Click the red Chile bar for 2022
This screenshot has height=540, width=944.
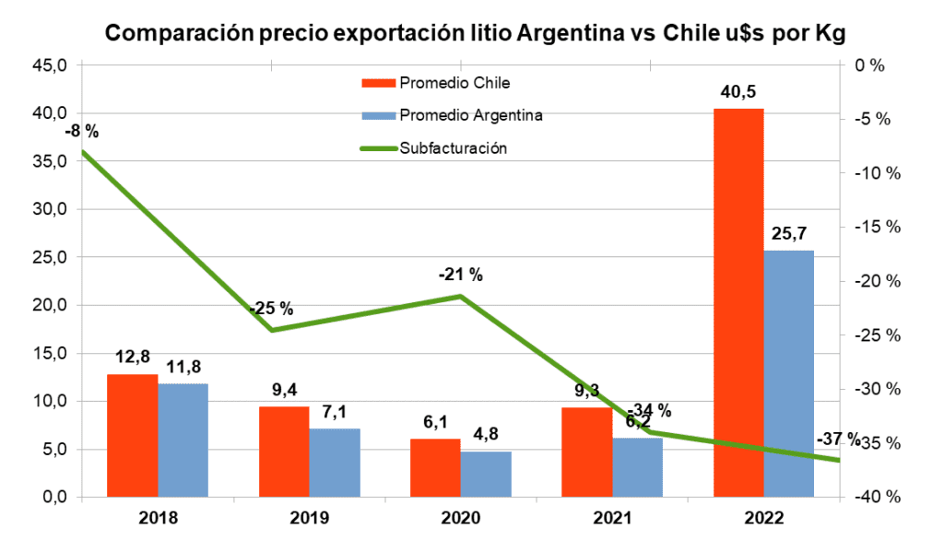pyautogui.click(x=738, y=304)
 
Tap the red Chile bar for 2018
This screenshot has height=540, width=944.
pyautogui.click(x=132, y=435)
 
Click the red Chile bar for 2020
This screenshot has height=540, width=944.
pyautogui.click(x=435, y=468)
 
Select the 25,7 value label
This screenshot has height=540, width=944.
pyautogui.click(x=790, y=234)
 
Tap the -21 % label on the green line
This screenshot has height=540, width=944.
pyautogui.click(x=460, y=275)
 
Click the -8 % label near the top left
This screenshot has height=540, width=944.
pyautogui.click(x=81, y=132)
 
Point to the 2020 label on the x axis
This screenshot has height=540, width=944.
pyautogui.click(x=460, y=518)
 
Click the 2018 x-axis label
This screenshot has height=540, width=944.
pyautogui.click(x=157, y=518)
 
